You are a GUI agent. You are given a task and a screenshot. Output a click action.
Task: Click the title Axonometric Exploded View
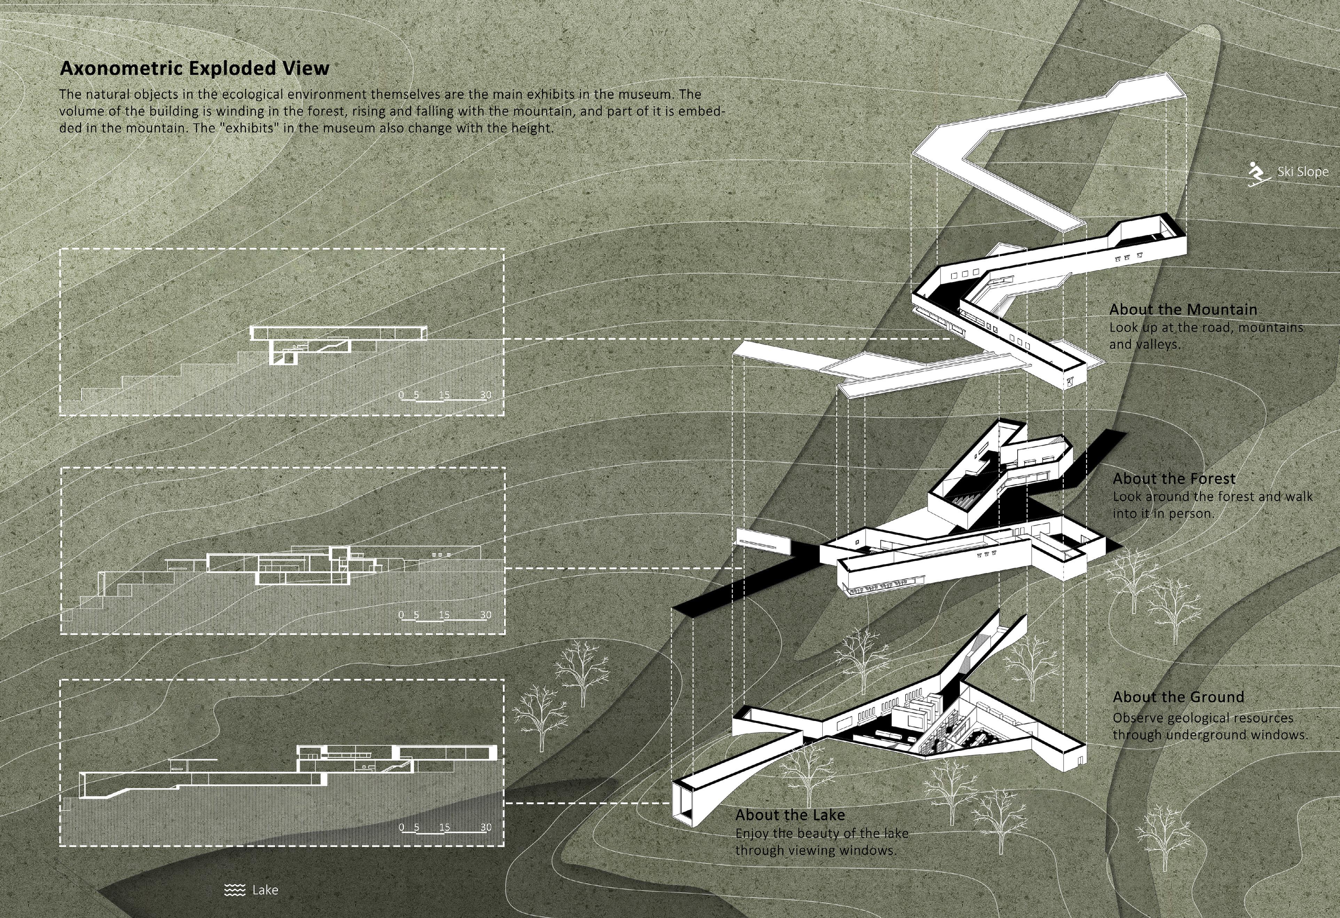click(194, 68)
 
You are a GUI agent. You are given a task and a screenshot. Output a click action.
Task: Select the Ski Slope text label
click(1302, 172)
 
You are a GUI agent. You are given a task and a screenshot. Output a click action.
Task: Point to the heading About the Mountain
click(1183, 309)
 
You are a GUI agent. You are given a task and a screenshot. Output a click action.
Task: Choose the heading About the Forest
click(1174, 479)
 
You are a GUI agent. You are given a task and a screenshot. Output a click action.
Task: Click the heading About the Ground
click(1178, 697)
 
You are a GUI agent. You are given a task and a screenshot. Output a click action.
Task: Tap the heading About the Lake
click(789, 815)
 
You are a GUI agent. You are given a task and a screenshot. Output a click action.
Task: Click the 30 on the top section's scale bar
click(486, 395)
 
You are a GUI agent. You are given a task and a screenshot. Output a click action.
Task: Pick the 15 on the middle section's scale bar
click(444, 615)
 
